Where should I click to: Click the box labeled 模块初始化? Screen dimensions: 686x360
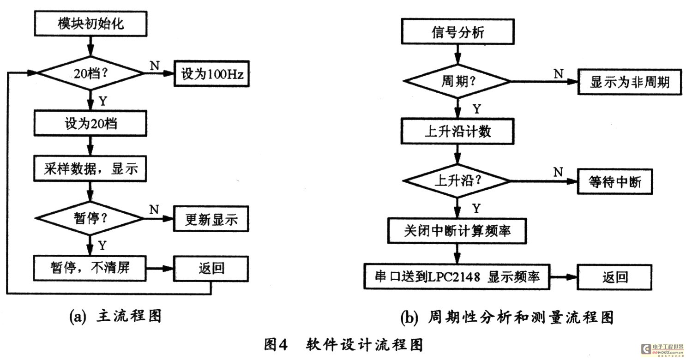pos(90,24)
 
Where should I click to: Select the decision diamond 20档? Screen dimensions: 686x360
pos(90,73)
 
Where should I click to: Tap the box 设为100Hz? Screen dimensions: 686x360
pos(211,74)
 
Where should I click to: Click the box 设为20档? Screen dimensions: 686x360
pos(90,123)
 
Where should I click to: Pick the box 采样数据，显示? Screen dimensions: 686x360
pos(90,168)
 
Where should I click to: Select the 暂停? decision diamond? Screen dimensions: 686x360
pos(90,218)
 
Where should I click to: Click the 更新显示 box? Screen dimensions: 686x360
pos(211,219)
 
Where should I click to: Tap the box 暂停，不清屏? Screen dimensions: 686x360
pos(90,268)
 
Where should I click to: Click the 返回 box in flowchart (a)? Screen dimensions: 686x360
pos(211,269)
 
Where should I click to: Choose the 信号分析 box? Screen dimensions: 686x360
pos(457,31)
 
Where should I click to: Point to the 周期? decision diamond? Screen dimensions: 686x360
pos(457,81)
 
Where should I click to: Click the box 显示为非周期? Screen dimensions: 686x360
pos(630,82)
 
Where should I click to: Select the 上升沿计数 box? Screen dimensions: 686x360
pos(457,131)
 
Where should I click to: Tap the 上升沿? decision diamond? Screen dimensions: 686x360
pos(457,180)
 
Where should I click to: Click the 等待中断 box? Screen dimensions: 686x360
pos(614,181)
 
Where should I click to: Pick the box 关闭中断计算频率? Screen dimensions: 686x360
pos(457,231)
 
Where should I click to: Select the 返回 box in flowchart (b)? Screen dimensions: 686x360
pos(614,277)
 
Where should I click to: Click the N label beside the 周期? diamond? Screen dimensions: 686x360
pos(559,73)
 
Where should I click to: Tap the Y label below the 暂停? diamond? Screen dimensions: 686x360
pos(102,246)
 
